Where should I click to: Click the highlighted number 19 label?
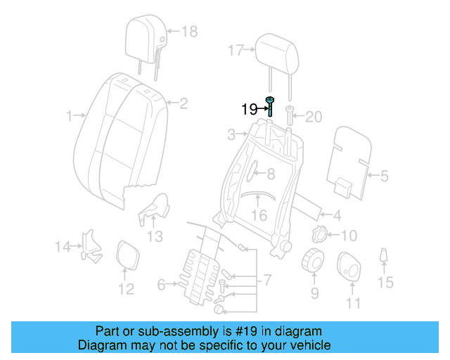[x=249, y=109]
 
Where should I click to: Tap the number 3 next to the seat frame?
[x=231, y=134]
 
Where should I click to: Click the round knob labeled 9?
[x=312, y=261]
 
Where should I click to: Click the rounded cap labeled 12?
[x=126, y=255]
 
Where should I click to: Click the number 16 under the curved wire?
[x=259, y=215]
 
